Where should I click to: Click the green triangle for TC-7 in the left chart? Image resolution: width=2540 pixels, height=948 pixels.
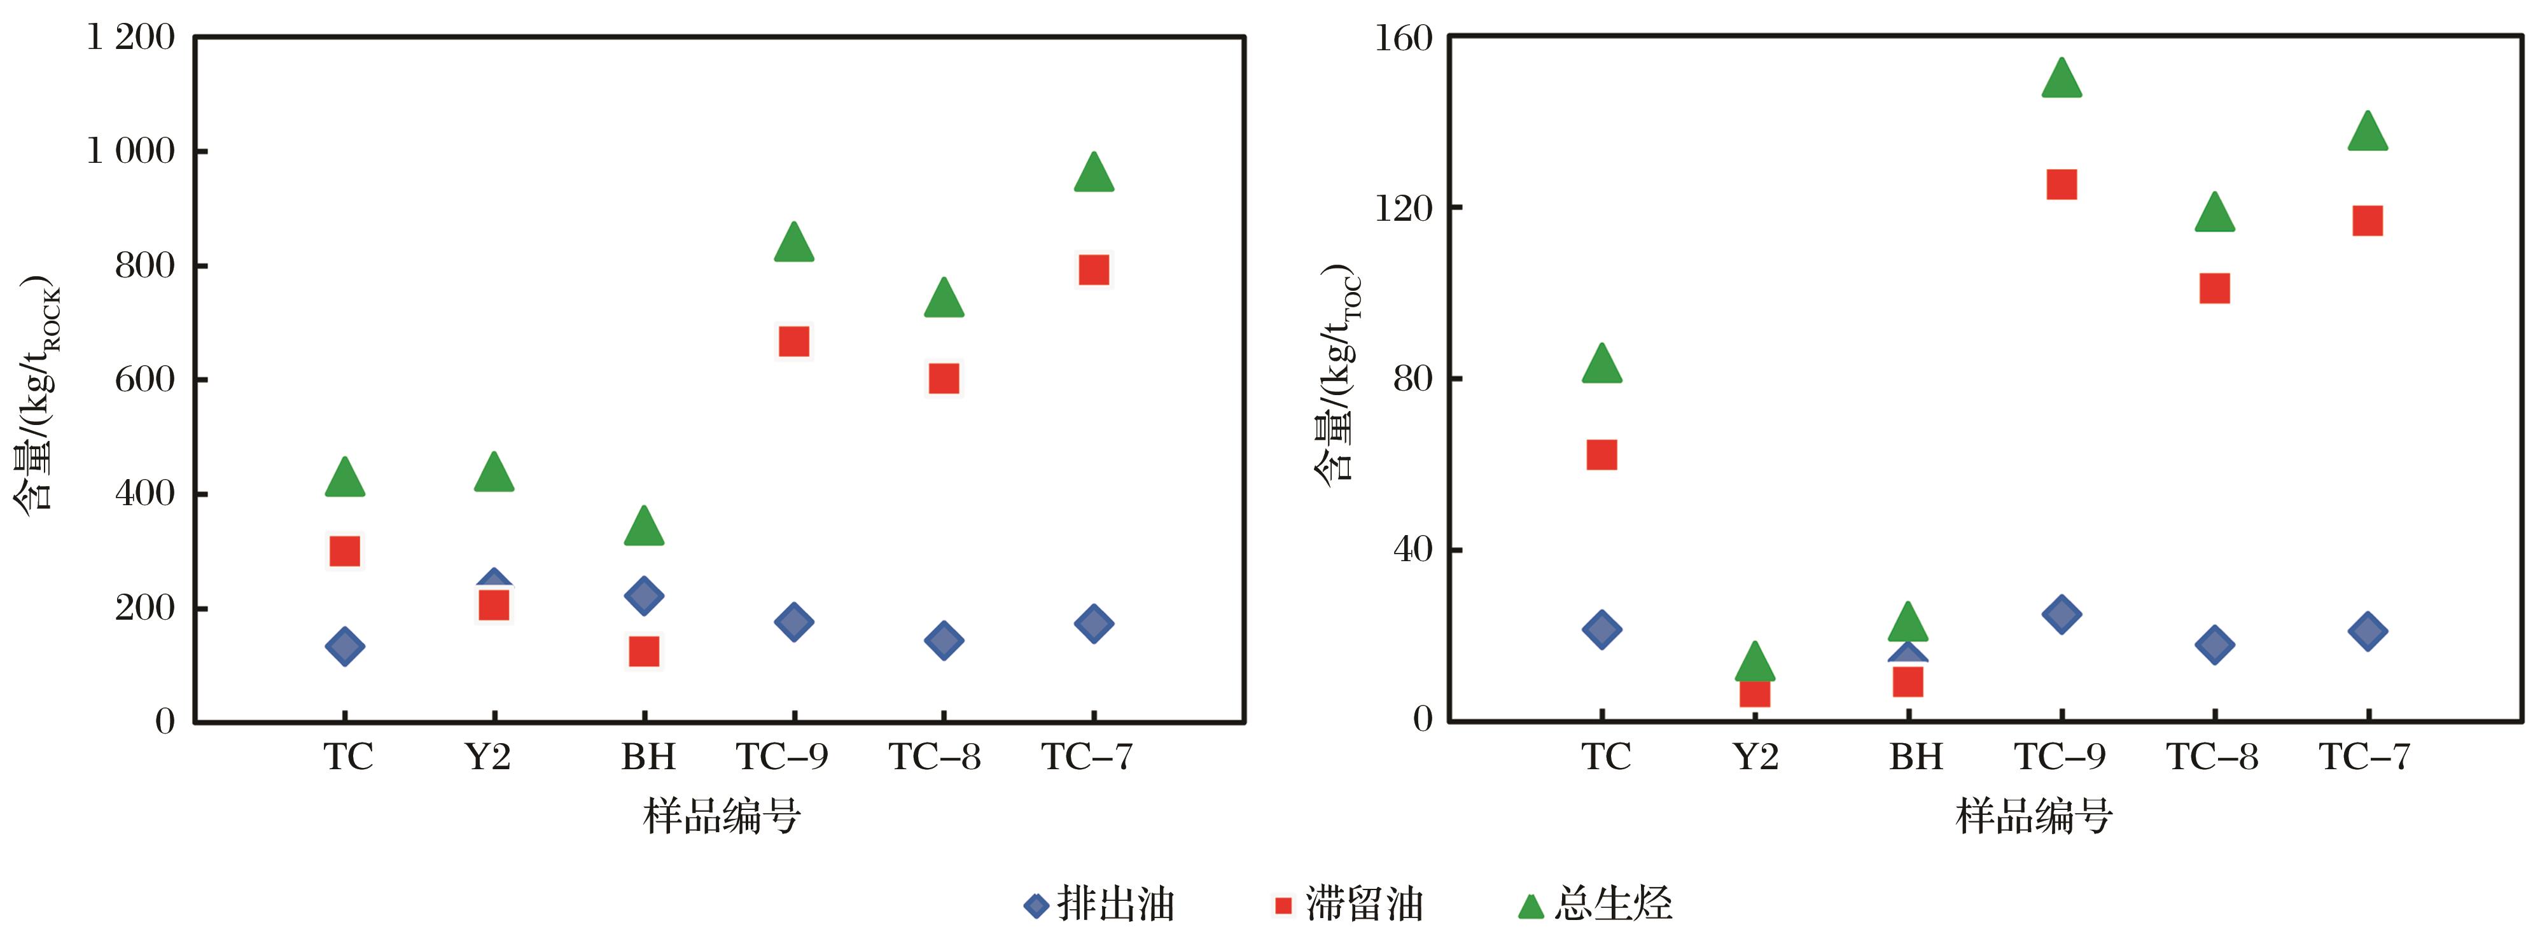1094,174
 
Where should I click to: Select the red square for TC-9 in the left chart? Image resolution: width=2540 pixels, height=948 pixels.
794,341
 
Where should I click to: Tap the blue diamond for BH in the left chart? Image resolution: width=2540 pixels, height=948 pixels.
644,596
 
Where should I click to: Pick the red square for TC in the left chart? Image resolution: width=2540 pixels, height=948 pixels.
344,550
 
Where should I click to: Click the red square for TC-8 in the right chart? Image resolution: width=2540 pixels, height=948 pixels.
2215,288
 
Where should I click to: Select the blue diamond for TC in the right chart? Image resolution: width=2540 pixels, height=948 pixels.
1601,629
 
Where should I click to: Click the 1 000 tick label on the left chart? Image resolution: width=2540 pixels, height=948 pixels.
131,151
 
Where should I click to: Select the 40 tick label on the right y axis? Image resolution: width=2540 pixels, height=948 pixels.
1412,550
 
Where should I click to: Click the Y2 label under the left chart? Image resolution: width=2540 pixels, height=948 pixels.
488,756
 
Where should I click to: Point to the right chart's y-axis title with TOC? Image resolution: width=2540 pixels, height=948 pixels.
1338,375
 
